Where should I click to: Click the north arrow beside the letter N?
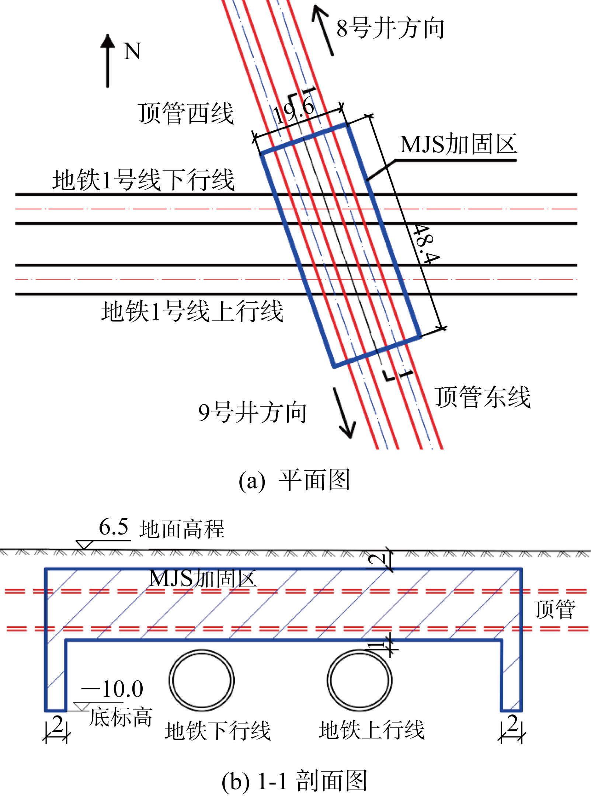tap(108, 61)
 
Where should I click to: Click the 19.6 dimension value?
tap(294, 111)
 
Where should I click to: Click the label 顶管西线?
tap(186, 113)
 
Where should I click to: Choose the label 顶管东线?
tap(483, 397)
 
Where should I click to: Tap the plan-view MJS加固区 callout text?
tap(459, 144)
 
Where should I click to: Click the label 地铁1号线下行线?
tap(143, 180)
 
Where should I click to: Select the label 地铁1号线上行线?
tap(192, 311)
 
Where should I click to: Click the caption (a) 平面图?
tap(294, 480)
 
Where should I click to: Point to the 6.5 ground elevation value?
tap(114, 527)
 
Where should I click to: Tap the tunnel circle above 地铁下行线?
tap(202, 681)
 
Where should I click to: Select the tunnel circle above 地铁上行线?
tap(360, 681)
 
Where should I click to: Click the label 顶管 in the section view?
tap(555, 609)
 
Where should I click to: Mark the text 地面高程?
tap(182, 529)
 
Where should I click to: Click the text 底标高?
tap(121, 717)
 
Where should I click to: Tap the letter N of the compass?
tap(132, 51)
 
